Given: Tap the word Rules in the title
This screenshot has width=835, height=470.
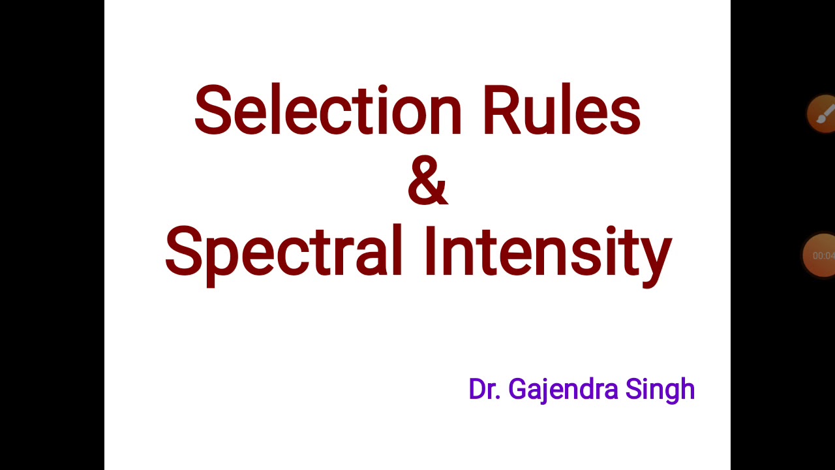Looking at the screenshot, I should [x=561, y=110].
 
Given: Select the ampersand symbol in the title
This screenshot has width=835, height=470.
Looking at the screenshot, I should [x=427, y=181].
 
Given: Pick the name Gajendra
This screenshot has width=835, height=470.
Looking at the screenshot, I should [x=563, y=390].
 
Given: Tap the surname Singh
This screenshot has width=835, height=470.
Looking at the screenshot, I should [x=660, y=390].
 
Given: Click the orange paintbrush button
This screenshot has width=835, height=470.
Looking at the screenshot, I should [x=823, y=114].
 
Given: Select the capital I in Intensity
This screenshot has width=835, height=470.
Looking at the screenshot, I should [x=430, y=251].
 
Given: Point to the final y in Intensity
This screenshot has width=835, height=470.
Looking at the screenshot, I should [x=658, y=258].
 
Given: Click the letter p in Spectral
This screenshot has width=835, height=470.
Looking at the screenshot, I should [x=222, y=258].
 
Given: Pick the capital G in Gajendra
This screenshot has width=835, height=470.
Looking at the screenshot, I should [x=517, y=390].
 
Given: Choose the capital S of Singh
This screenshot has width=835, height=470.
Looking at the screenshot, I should [x=633, y=390].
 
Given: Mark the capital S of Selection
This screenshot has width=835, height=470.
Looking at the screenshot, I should [x=212, y=110].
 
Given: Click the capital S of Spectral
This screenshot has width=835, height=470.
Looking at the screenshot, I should [x=183, y=251].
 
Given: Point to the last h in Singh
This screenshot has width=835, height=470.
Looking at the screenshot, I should [x=687, y=390].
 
